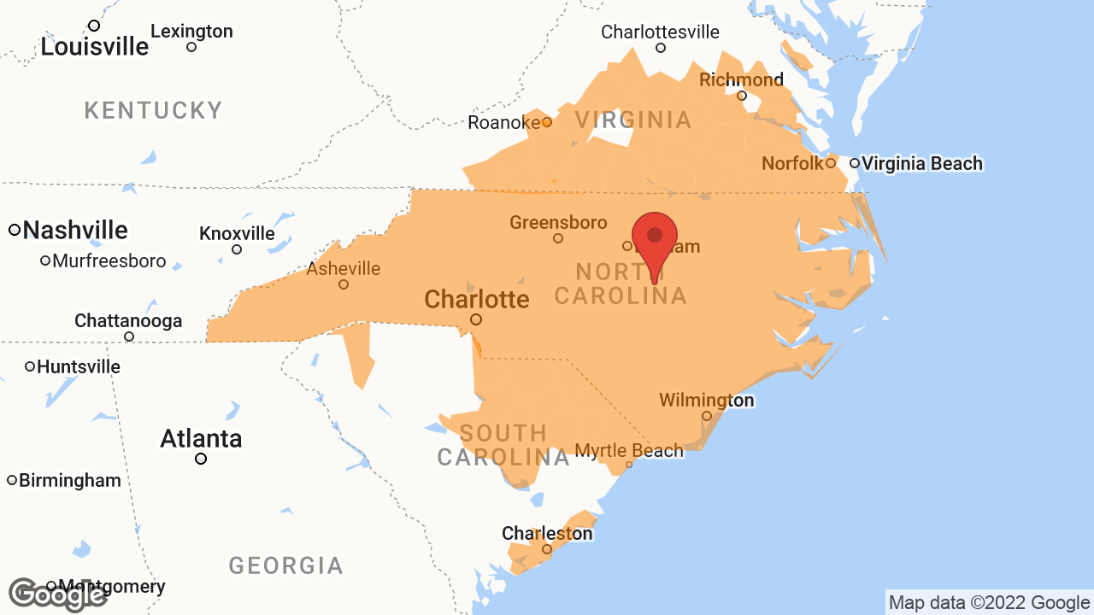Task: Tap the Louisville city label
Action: tap(95, 46)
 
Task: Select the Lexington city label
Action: tap(191, 32)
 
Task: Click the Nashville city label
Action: tap(75, 230)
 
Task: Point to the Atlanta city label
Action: tap(201, 439)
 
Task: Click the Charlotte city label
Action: tap(476, 300)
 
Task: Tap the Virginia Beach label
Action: tap(921, 163)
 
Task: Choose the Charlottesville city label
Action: tap(660, 32)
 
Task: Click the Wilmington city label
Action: tap(706, 401)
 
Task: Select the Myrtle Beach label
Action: tap(629, 451)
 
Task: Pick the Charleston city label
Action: tap(547, 534)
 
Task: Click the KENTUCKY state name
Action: tap(154, 110)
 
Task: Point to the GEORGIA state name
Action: tap(285, 565)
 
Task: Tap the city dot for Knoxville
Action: tap(237, 249)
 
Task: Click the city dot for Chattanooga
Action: tap(129, 337)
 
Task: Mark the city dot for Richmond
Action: tap(742, 96)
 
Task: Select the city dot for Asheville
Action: tap(344, 284)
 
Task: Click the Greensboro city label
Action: tap(558, 223)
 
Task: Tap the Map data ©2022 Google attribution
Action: tap(989, 603)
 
